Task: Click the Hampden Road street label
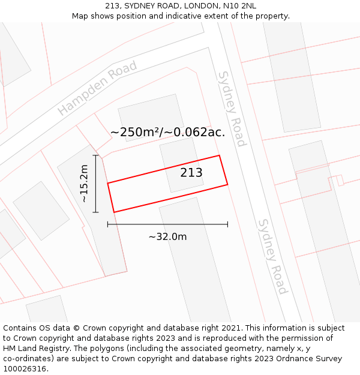(x=97, y=89)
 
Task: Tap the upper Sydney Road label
(x=232, y=109)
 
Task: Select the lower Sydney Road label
(x=272, y=256)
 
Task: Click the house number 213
(x=191, y=173)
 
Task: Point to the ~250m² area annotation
(x=167, y=133)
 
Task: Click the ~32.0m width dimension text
(x=167, y=236)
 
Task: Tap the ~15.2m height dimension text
(x=85, y=184)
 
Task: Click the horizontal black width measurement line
(x=167, y=224)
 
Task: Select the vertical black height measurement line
(x=96, y=184)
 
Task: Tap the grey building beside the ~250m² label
(x=150, y=114)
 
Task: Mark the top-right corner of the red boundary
(x=219, y=156)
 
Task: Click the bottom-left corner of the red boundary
(x=114, y=212)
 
